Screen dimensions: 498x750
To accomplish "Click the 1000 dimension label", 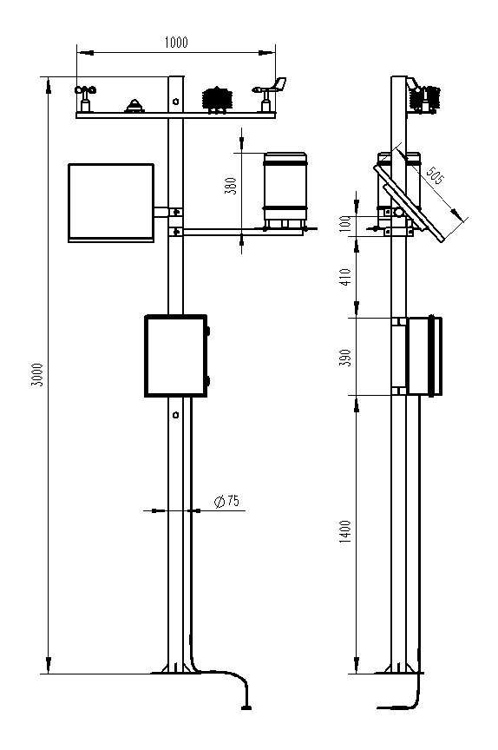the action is click(176, 42).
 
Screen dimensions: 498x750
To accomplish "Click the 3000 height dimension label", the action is click(37, 375).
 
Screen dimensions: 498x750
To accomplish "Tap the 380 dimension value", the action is click(231, 186).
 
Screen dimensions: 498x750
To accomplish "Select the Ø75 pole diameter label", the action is click(226, 501).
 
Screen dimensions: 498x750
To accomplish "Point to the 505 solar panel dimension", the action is click(435, 175).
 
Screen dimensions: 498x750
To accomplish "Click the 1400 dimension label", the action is click(345, 531).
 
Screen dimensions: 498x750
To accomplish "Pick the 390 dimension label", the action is click(345, 358).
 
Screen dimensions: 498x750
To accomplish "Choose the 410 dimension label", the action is click(345, 276).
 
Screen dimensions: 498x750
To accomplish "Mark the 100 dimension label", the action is click(346, 224).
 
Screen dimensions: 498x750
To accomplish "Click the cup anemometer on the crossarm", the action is click(85, 99).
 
